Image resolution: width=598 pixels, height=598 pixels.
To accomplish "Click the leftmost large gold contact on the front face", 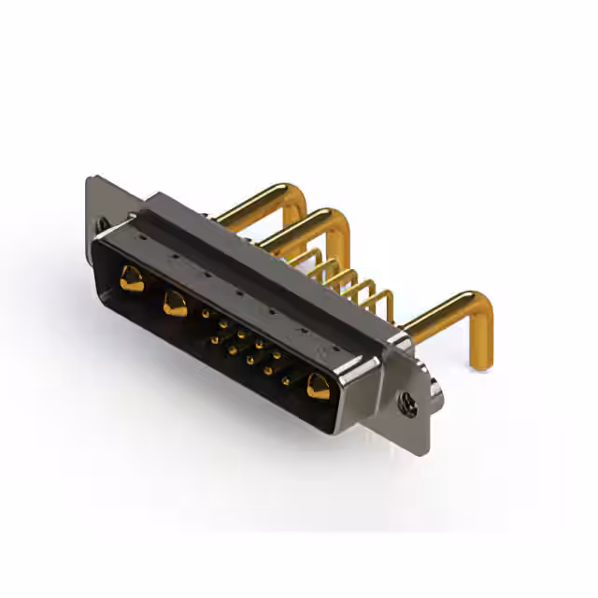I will [132, 278].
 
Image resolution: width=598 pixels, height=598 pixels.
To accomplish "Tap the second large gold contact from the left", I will [174, 303].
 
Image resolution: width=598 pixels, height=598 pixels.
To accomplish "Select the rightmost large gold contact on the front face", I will [319, 386].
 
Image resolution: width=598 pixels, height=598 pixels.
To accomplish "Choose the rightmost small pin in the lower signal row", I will [285, 380].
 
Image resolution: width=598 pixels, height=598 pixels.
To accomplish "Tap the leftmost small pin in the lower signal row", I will [214, 340].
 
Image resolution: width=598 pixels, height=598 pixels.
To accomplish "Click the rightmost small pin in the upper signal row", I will [276, 355].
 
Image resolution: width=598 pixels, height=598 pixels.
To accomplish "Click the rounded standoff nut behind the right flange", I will [435, 384].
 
